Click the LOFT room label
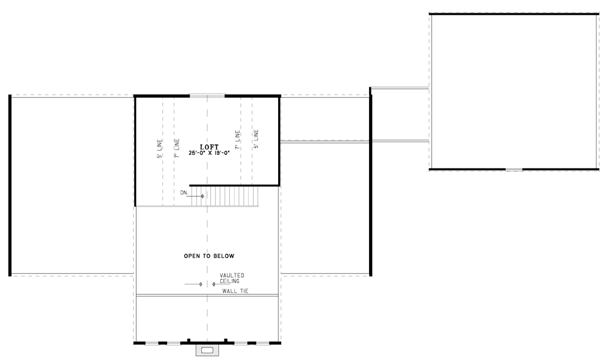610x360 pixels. coord(209,147)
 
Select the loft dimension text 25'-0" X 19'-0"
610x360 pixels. coord(209,153)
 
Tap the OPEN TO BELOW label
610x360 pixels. coord(209,256)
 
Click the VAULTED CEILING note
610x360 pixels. coord(232,278)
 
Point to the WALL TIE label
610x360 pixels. coord(235,291)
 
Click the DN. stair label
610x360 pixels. coord(184,193)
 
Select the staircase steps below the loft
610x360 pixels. coord(225,196)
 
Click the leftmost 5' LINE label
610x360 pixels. coord(160,149)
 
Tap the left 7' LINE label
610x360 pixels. coord(177,148)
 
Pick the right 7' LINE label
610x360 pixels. coord(237,140)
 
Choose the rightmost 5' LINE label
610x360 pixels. coord(256,139)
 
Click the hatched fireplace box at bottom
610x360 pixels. coord(207,350)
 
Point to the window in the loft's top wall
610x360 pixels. coord(207,95)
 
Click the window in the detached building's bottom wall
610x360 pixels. coord(514,169)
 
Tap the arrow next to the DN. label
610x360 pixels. coord(197,196)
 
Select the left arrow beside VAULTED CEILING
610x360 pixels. coord(193,284)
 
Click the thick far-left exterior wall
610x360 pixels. coord(10,185)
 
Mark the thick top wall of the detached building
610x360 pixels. coord(514,14)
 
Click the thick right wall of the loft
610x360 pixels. coord(279,140)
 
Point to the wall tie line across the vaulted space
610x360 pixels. coord(207,296)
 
